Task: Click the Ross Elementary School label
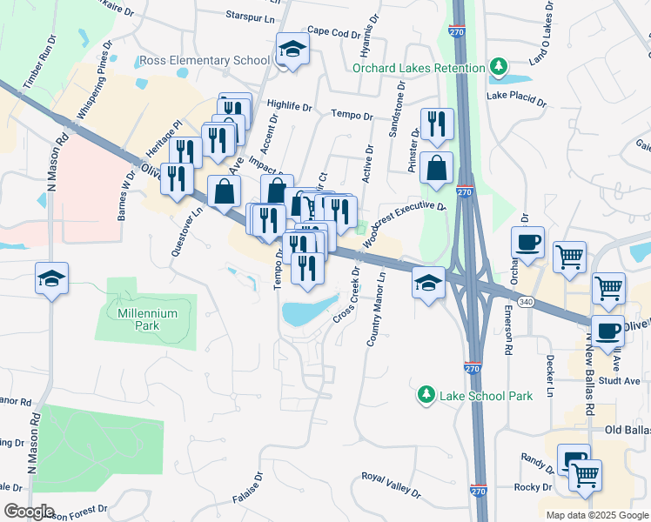[205, 61]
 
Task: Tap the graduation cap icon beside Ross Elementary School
[293, 52]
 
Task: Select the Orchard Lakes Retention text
[419, 69]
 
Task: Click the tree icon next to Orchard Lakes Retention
[498, 67]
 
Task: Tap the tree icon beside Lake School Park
[426, 396]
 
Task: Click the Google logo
[28, 512]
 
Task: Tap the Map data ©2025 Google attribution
[596, 515]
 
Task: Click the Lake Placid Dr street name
[517, 98]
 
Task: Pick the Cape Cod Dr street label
[333, 34]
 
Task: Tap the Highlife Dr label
[289, 106]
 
